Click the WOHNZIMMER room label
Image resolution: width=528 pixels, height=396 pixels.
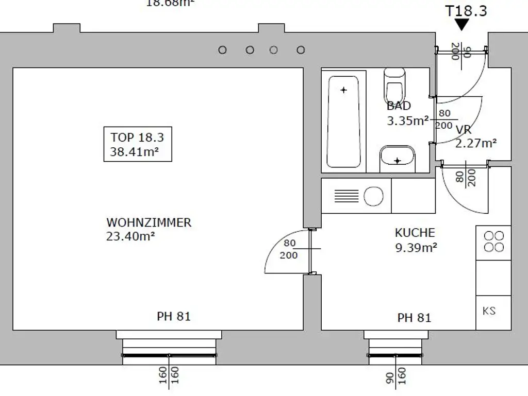[x=148, y=223]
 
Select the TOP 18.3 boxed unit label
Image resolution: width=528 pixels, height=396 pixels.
[x=137, y=144]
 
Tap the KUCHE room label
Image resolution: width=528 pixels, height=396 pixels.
[x=415, y=233]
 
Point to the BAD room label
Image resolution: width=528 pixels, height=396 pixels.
[x=399, y=106]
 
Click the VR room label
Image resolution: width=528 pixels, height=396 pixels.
[x=463, y=130]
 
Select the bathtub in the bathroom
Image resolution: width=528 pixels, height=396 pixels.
[x=343, y=122]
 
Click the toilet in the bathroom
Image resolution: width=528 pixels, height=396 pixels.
[x=395, y=86]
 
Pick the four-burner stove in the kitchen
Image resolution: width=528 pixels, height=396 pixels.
[x=493, y=242]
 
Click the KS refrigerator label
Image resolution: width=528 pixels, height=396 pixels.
[x=489, y=311]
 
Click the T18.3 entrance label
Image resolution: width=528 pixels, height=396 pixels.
[x=466, y=10]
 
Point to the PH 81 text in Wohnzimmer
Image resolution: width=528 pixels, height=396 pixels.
[x=174, y=316]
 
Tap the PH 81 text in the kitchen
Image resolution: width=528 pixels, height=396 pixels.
[x=414, y=318]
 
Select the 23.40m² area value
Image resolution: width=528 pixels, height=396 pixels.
[x=131, y=236]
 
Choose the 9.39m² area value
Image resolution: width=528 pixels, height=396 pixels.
[x=416, y=247]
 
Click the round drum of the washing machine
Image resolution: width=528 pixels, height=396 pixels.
[x=374, y=196]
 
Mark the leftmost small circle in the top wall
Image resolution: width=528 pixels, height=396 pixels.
[x=223, y=50]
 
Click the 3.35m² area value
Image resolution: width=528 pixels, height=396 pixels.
[x=407, y=121]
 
